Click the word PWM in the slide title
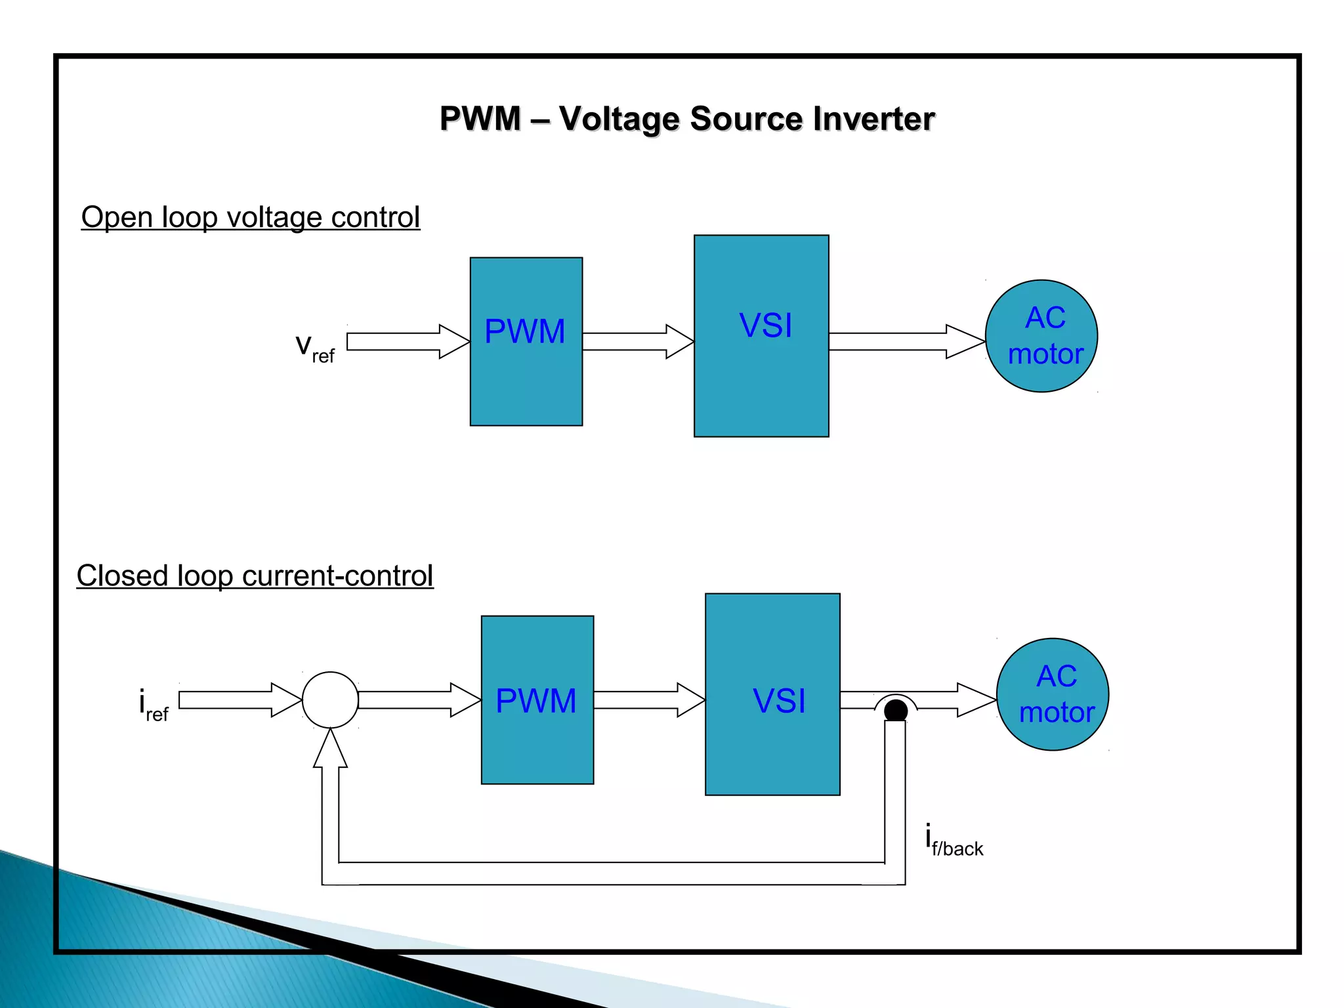click(480, 119)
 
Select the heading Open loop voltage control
click(250, 217)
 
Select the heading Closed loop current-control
click(255, 576)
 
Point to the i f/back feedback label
click(954, 840)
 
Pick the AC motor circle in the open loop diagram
click(1041, 336)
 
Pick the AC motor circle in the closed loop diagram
click(1053, 694)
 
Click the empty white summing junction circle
click(330, 700)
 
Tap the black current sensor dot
click(896, 710)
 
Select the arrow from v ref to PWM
click(407, 341)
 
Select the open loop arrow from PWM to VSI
click(637, 341)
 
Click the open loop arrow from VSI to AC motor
click(906, 341)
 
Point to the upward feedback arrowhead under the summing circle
click(330, 751)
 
